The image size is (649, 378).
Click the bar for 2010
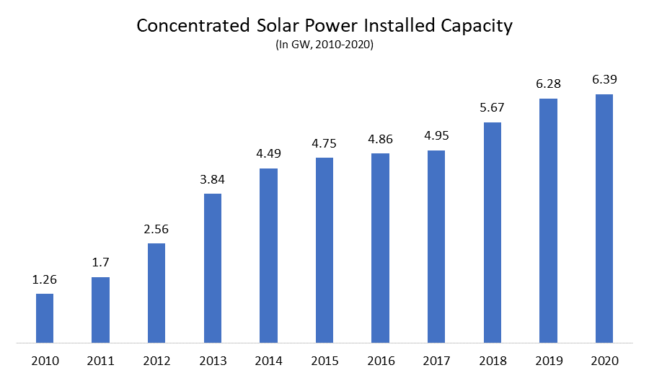[45, 318]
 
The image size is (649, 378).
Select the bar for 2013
[213, 268]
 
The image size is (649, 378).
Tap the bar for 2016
[381, 248]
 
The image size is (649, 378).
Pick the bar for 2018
[493, 232]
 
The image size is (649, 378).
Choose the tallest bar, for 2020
[604, 218]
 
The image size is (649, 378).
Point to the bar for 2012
[156, 292]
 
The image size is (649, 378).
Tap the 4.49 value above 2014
[268, 154]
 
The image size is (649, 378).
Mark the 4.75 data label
[324, 143]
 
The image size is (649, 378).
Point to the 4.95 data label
[436, 136]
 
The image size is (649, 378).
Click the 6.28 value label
[548, 84]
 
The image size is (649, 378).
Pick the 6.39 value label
[604, 79]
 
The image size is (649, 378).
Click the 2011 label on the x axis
[101, 360]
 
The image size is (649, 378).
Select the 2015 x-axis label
[324, 360]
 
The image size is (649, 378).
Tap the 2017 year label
[436, 360]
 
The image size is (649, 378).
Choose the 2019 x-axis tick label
[548, 360]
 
